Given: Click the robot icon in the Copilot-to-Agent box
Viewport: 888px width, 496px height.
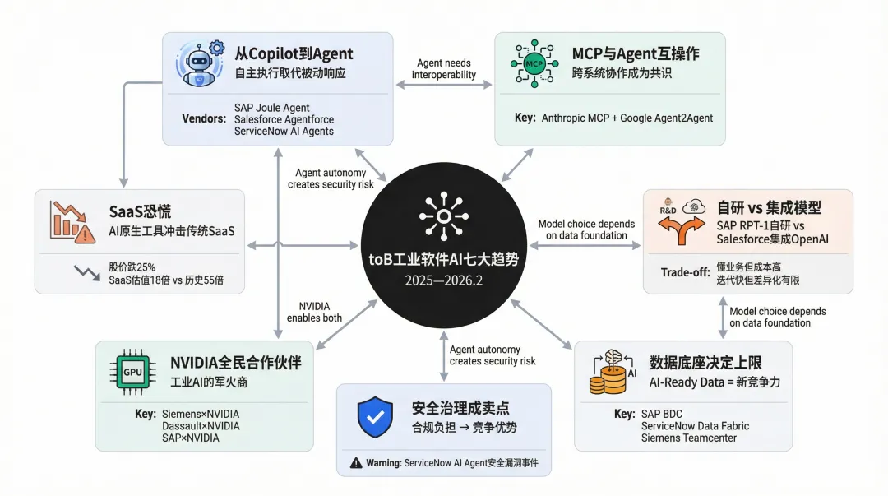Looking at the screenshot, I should pyautogui.click(x=198, y=63).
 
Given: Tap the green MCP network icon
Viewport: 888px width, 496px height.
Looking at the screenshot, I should pyautogui.click(x=533, y=63).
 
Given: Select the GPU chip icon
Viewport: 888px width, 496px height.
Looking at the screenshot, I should pyautogui.click(x=132, y=372).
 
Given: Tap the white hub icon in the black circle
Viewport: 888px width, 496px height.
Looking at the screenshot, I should pyautogui.click(x=444, y=209).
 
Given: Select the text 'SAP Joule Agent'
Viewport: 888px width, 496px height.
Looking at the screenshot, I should pyautogui.click(x=273, y=107).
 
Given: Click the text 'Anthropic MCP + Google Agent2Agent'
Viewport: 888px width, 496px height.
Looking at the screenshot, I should pyautogui.click(x=627, y=118).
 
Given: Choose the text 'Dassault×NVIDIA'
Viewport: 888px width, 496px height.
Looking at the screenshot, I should pyautogui.click(x=201, y=426).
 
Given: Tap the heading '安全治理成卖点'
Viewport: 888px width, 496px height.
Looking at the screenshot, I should pyautogui.click(x=460, y=407).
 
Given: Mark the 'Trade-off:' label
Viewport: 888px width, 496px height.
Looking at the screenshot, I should pyautogui.click(x=685, y=272).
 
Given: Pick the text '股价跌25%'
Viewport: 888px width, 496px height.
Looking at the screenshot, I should pyautogui.click(x=132, y=267).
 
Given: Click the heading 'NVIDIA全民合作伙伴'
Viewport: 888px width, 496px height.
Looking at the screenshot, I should pyautogui.click(x=236, y=362).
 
